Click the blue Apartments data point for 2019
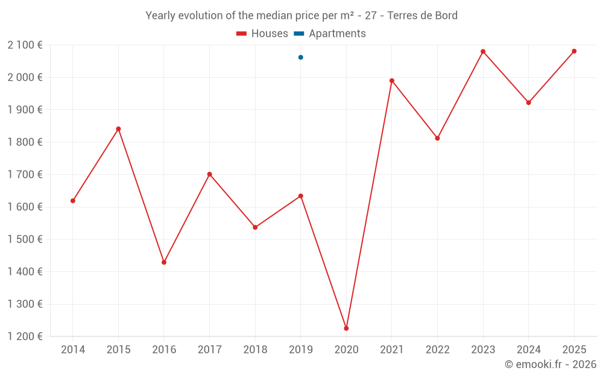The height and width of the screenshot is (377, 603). click(x=300, y=57)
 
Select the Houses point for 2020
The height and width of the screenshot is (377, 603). click(x=346, y=328)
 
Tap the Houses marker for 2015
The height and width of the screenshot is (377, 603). click(x=118, y=128)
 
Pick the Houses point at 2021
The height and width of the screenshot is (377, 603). click(x=392, y=80)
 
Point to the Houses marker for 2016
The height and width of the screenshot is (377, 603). click(x=164, y=262)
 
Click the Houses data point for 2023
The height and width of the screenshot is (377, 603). click(x=483, y=51)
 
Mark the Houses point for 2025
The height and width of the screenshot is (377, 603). click(x=574, y=51)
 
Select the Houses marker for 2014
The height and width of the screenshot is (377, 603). click(x=73, y=201)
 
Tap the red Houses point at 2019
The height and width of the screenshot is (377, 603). click(x=300, y=196)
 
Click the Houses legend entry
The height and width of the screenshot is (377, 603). click(x=262, y=34)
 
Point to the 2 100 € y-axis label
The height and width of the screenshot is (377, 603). click(x=25, y=45)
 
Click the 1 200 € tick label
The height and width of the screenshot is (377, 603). click(x=25, y=336)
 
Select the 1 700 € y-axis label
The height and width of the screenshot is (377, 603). click(x=25, y=174)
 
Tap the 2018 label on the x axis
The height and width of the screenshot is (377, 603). click(x=255, y=350)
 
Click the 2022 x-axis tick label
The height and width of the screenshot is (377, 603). click(x=437, y=350)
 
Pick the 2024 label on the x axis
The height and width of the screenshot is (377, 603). click(x=528, y=350)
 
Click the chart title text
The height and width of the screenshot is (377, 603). click(x=301, y=15)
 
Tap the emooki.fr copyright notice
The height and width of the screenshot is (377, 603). click(x=550, y=364)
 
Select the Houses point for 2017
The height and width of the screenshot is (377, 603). click(x=209, y=174)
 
